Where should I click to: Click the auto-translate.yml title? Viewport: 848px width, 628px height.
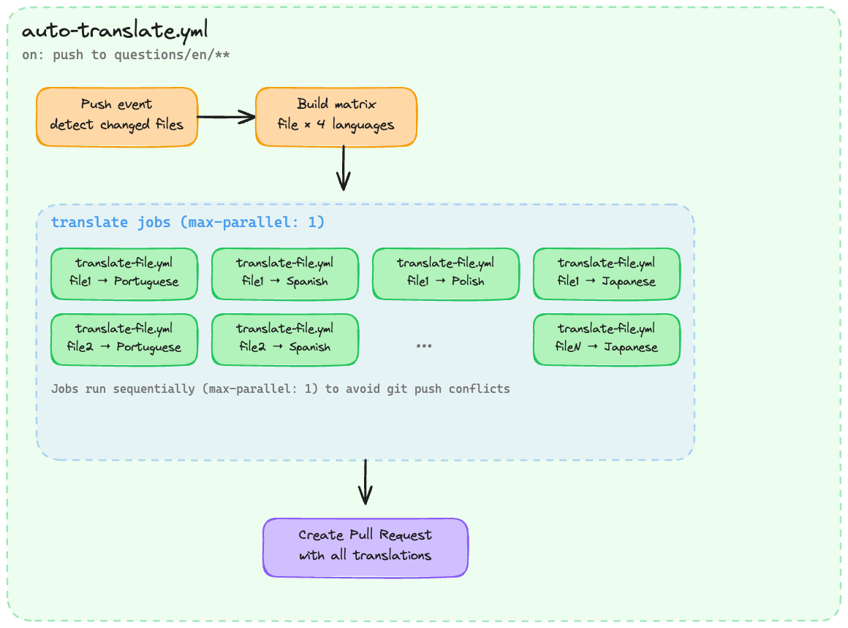click(115, 31)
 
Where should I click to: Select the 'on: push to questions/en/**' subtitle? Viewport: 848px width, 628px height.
click(126, 55)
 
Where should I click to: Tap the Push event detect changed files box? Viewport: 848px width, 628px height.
click(117, 117)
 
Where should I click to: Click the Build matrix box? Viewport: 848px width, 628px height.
click(336, 117)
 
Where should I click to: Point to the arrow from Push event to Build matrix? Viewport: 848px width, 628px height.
click(226, 117)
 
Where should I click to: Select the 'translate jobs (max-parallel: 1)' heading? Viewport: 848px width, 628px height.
click(187, 223)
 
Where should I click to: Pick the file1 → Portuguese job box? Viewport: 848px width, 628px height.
click(124, 274)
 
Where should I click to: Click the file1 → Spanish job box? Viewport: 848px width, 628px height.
click(285, 274)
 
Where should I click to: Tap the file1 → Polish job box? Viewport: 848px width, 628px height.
click(446, 274)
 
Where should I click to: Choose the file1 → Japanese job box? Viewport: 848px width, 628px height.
click(607, 274)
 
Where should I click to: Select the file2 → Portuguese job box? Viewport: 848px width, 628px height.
click(124, 340)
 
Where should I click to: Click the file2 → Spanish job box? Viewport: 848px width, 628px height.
click(285, 340)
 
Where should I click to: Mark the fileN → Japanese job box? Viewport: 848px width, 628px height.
click(607, 340)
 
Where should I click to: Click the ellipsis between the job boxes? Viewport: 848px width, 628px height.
click(424, 345)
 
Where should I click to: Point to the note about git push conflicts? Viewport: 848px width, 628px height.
click(280, 388)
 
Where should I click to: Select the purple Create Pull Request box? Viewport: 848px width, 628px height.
click(365, 548)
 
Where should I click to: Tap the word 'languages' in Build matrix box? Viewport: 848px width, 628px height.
click(363, 125)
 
